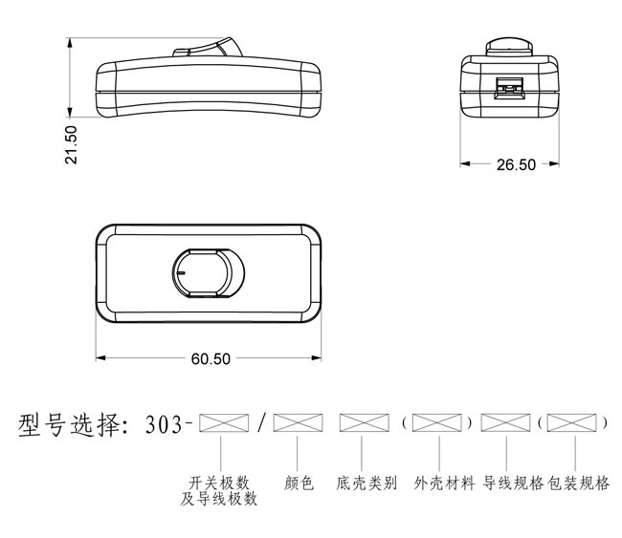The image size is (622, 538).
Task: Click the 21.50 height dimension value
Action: click(72, 144)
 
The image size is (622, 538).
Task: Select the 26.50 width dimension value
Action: click(516, 164)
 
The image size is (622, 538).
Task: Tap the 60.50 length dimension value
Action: click(211, 359)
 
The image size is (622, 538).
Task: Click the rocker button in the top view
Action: click(209, 273)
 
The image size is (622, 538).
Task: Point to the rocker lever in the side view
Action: click(209, 48)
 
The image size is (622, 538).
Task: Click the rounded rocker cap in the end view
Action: click(509, 47)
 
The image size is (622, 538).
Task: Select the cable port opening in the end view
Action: click(509, 88)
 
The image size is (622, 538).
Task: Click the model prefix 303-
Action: click(168, 424)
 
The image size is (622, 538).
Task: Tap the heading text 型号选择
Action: click(73, 425)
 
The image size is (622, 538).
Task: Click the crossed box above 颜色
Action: click(298, 422)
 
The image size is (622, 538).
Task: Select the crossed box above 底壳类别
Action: click(365, 422)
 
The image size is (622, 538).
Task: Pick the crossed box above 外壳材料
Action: click(437, 422)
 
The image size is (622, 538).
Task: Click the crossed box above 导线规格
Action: click(506, 422)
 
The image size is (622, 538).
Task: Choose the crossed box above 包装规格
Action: click(571, 422)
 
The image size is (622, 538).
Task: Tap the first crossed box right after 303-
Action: click(224, 422)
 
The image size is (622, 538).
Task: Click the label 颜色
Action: click(299, 484)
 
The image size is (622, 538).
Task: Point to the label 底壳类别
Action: click(367, 484)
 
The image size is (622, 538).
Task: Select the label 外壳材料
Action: click(444, 484)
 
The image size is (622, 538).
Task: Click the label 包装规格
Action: click(578, 484)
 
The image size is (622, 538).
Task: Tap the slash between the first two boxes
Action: click(260, 423)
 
